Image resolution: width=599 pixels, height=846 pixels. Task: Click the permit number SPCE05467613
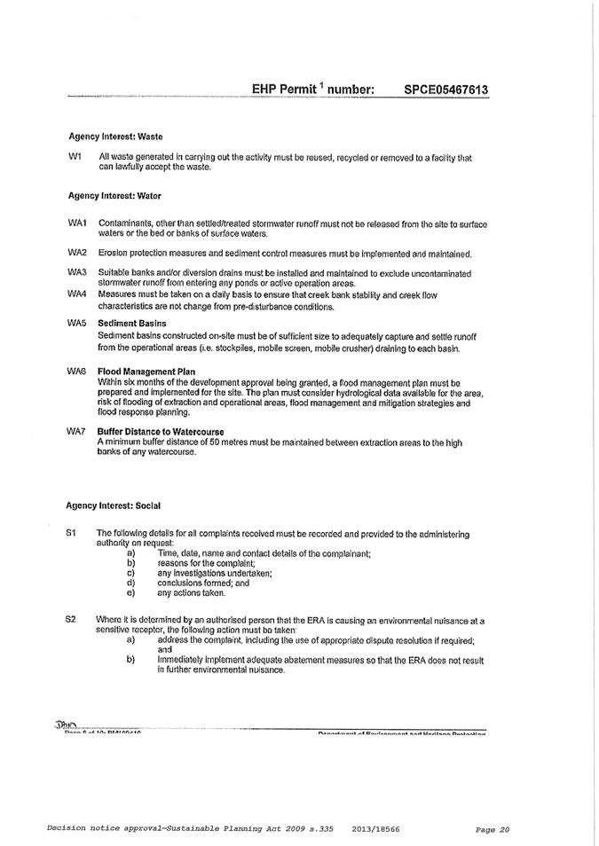coord(445,90)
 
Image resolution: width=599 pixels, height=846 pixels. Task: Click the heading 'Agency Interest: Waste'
coord(115,137)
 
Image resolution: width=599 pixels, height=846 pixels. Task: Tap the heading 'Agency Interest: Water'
coord(114,194)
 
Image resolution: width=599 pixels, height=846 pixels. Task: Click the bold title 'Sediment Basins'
coord(132,324)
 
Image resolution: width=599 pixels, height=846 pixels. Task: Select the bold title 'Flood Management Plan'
coord(146,372)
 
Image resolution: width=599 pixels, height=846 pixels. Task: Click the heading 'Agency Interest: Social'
coord(113,505)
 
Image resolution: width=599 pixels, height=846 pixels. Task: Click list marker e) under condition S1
coord(131,592)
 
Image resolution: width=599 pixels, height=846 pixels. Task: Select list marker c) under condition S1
coord(131,573)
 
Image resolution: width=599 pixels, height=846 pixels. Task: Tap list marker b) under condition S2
coord(131,660)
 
